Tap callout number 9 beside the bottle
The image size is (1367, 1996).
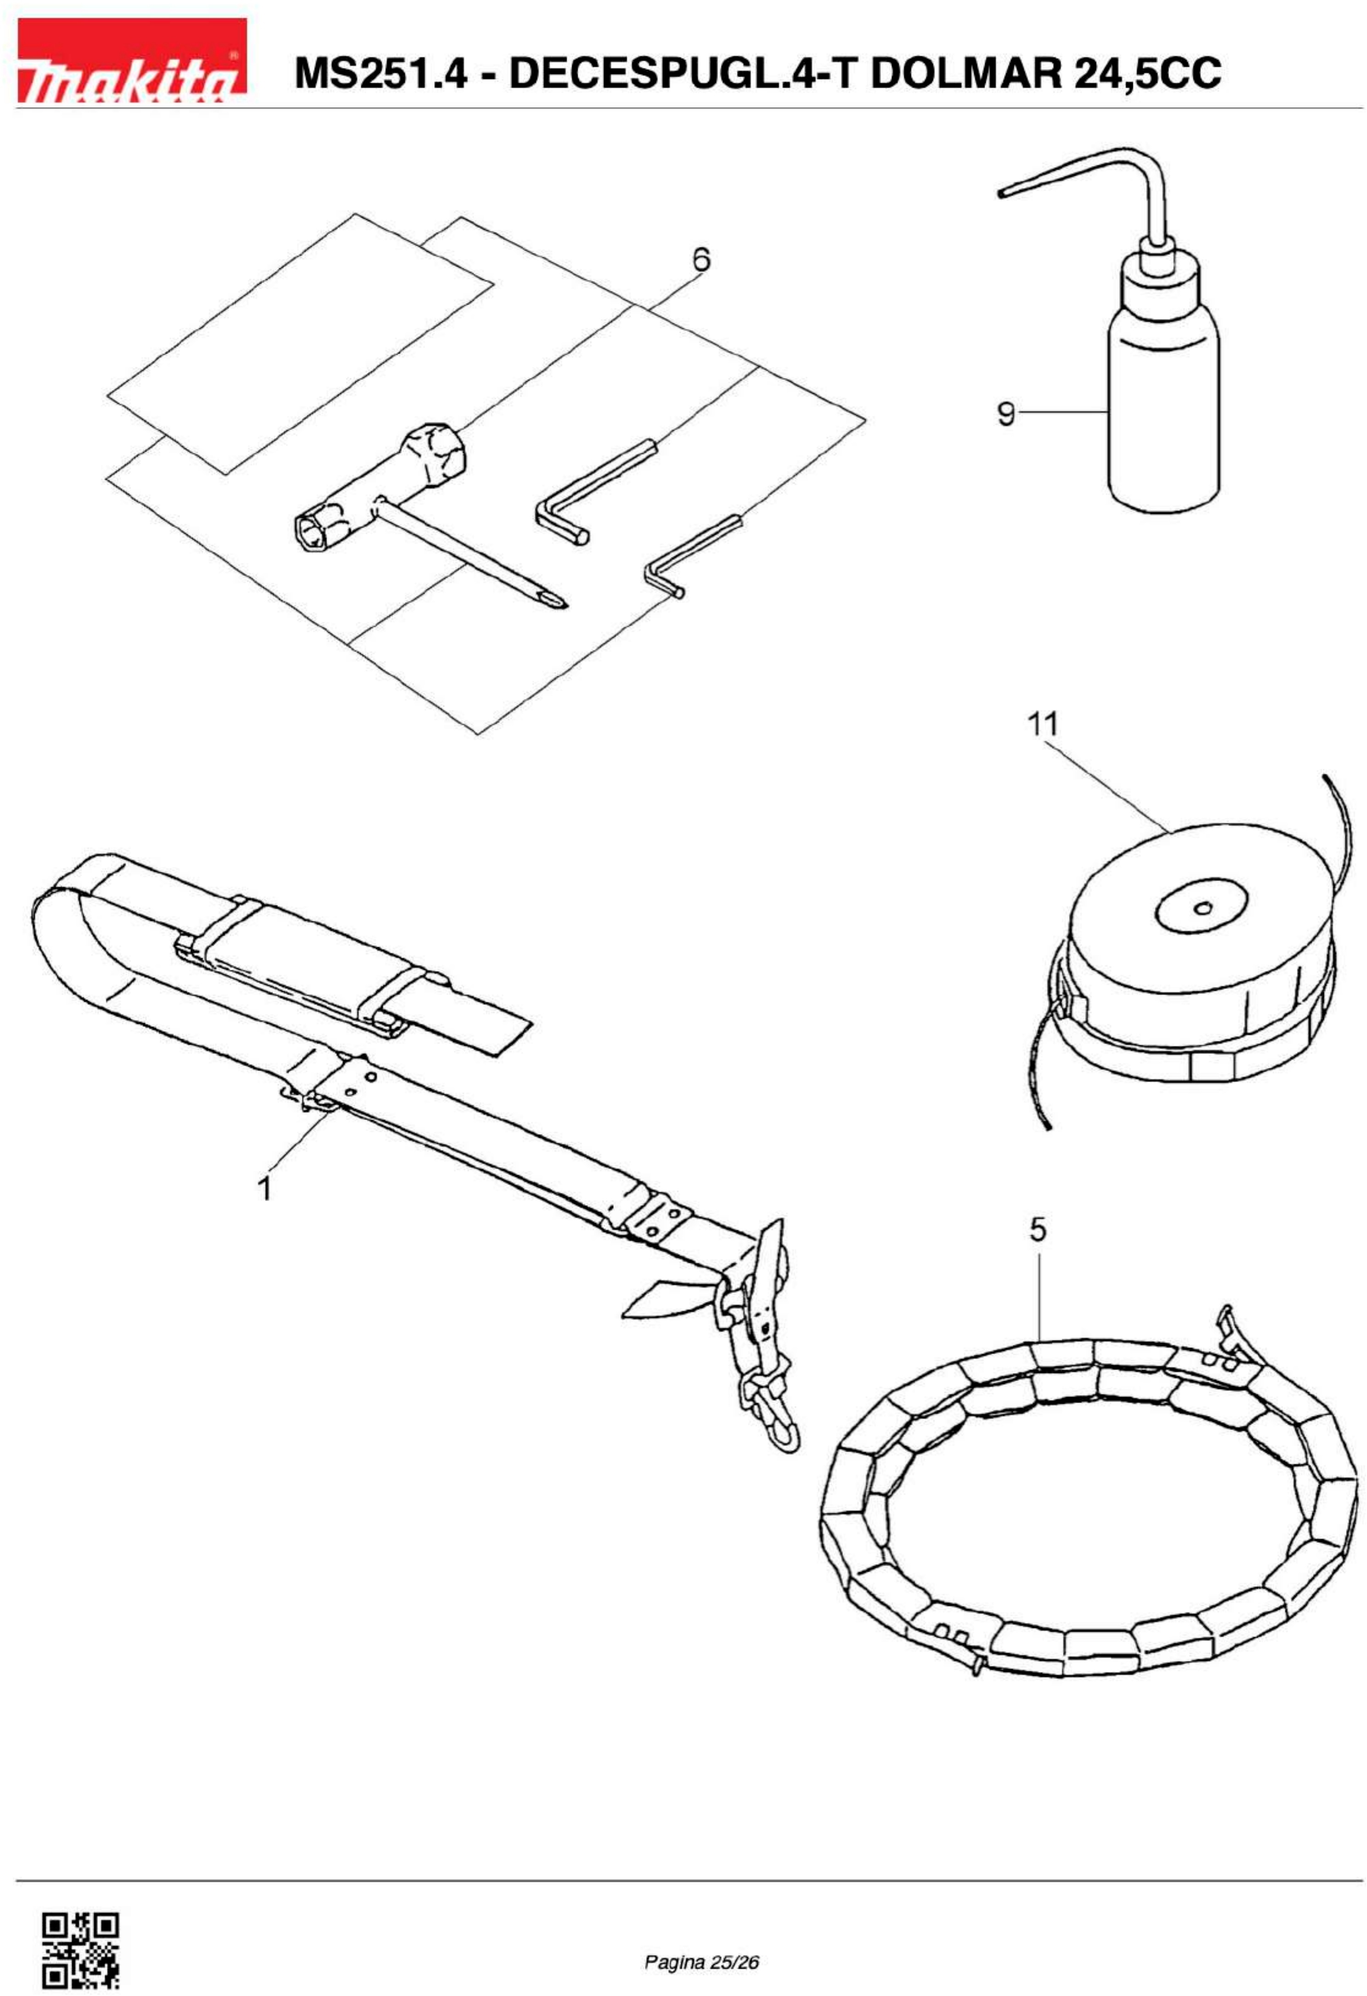[1005, 414]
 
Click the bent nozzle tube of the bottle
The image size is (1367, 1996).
[1107, 172]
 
